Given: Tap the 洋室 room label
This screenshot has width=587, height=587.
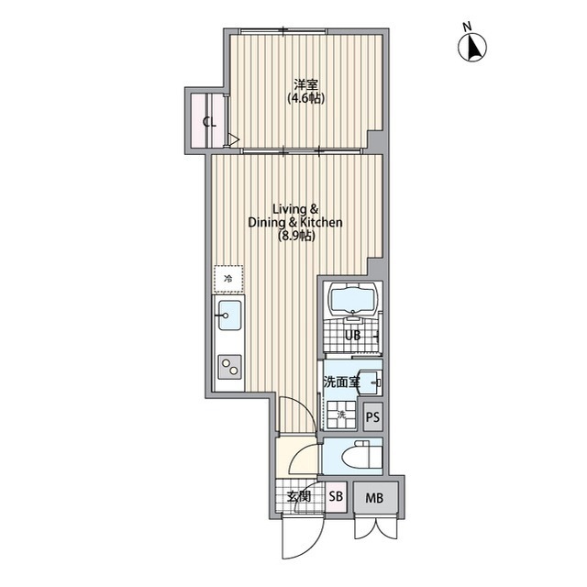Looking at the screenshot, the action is pos(305,83).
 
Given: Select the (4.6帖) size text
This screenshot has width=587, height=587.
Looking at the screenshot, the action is pos(305,98).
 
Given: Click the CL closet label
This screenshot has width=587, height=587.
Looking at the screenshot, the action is pos(210,122).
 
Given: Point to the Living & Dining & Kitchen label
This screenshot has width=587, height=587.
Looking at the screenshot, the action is pos(295,216).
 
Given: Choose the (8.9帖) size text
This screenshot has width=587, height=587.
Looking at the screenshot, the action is pos(295,236).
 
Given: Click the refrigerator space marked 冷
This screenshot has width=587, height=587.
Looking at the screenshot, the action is pos(228,279).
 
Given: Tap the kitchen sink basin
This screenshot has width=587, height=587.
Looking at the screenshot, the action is pos(229,316).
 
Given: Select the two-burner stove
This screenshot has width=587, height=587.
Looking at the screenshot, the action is pos(229,367).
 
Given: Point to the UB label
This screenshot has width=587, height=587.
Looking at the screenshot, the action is pos(352,335).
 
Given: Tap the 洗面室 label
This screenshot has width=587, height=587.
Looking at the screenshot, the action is pos(341,382).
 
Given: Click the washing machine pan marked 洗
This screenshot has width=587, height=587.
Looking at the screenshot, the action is pos(341,415).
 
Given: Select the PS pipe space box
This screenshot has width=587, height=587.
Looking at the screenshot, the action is pos(373,416).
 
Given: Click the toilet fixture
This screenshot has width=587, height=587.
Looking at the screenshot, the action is pos(361,454).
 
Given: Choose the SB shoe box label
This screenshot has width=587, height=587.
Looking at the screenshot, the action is pos(336,496).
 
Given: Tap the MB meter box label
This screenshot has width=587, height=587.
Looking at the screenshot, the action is pos(374,498).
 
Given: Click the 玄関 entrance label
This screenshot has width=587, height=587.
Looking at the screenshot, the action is pos(299,496).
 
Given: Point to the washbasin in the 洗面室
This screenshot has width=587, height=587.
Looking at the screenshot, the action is pos(369,382).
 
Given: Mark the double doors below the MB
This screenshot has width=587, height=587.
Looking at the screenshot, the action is pos(375,528).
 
